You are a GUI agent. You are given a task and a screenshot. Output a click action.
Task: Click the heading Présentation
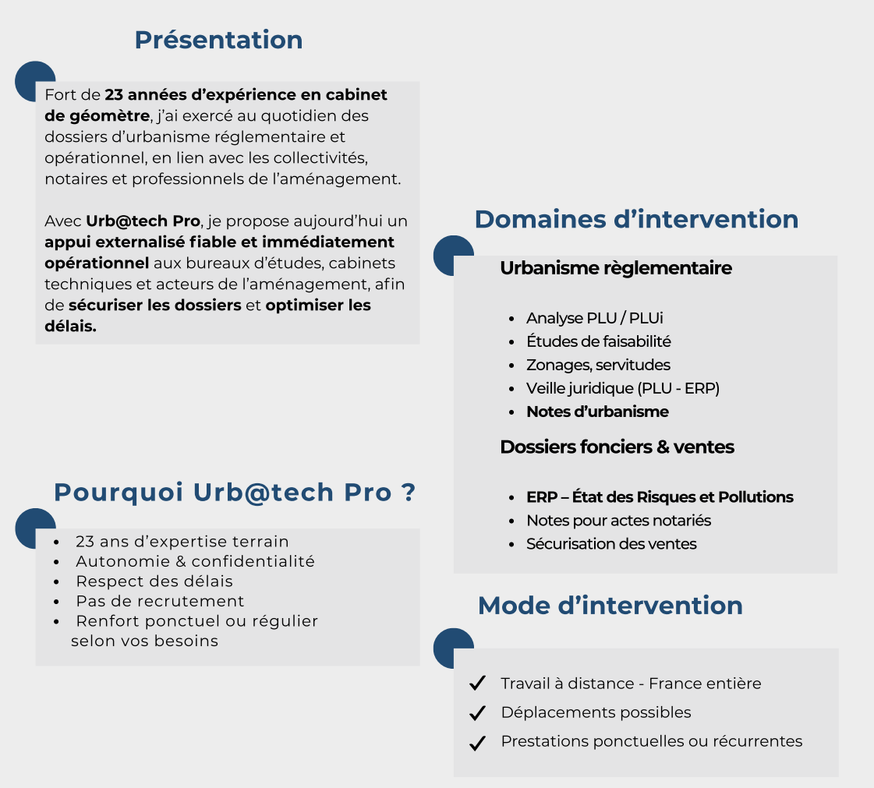click(218, 40)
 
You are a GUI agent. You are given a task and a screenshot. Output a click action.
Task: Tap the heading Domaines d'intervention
click(636, 219)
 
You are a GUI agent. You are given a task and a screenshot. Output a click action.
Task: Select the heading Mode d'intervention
click(610, 605)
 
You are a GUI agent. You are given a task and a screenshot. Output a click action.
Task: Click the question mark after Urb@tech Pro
click(408, 492)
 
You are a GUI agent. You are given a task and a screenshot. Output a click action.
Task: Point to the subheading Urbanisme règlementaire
click(616, 268)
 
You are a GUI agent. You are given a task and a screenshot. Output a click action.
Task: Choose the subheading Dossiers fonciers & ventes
click(617, 447)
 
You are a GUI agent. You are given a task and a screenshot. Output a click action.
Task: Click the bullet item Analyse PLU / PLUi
click(595, 318)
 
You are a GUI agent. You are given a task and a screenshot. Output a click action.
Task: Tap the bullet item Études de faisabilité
click(599, 341)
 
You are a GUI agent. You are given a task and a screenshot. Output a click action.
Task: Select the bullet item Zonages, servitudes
click(598, 365)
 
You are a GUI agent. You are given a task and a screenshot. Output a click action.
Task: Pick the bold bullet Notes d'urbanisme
click(597, 412)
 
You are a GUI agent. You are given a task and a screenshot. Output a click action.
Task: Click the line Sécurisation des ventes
click(611, 544)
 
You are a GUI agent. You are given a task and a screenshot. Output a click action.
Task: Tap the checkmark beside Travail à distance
click(478, 683)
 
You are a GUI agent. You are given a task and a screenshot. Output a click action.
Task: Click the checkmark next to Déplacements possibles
click(478, 712)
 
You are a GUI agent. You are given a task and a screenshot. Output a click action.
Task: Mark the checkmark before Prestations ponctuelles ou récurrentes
click(478, 743)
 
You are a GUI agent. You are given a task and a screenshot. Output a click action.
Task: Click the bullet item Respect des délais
click(154, 581)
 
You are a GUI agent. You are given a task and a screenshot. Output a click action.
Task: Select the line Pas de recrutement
click(160, 601)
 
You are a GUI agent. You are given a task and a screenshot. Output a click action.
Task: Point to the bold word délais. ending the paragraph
click(71, 326)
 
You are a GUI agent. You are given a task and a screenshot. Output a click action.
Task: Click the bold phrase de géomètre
click(97, 116)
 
